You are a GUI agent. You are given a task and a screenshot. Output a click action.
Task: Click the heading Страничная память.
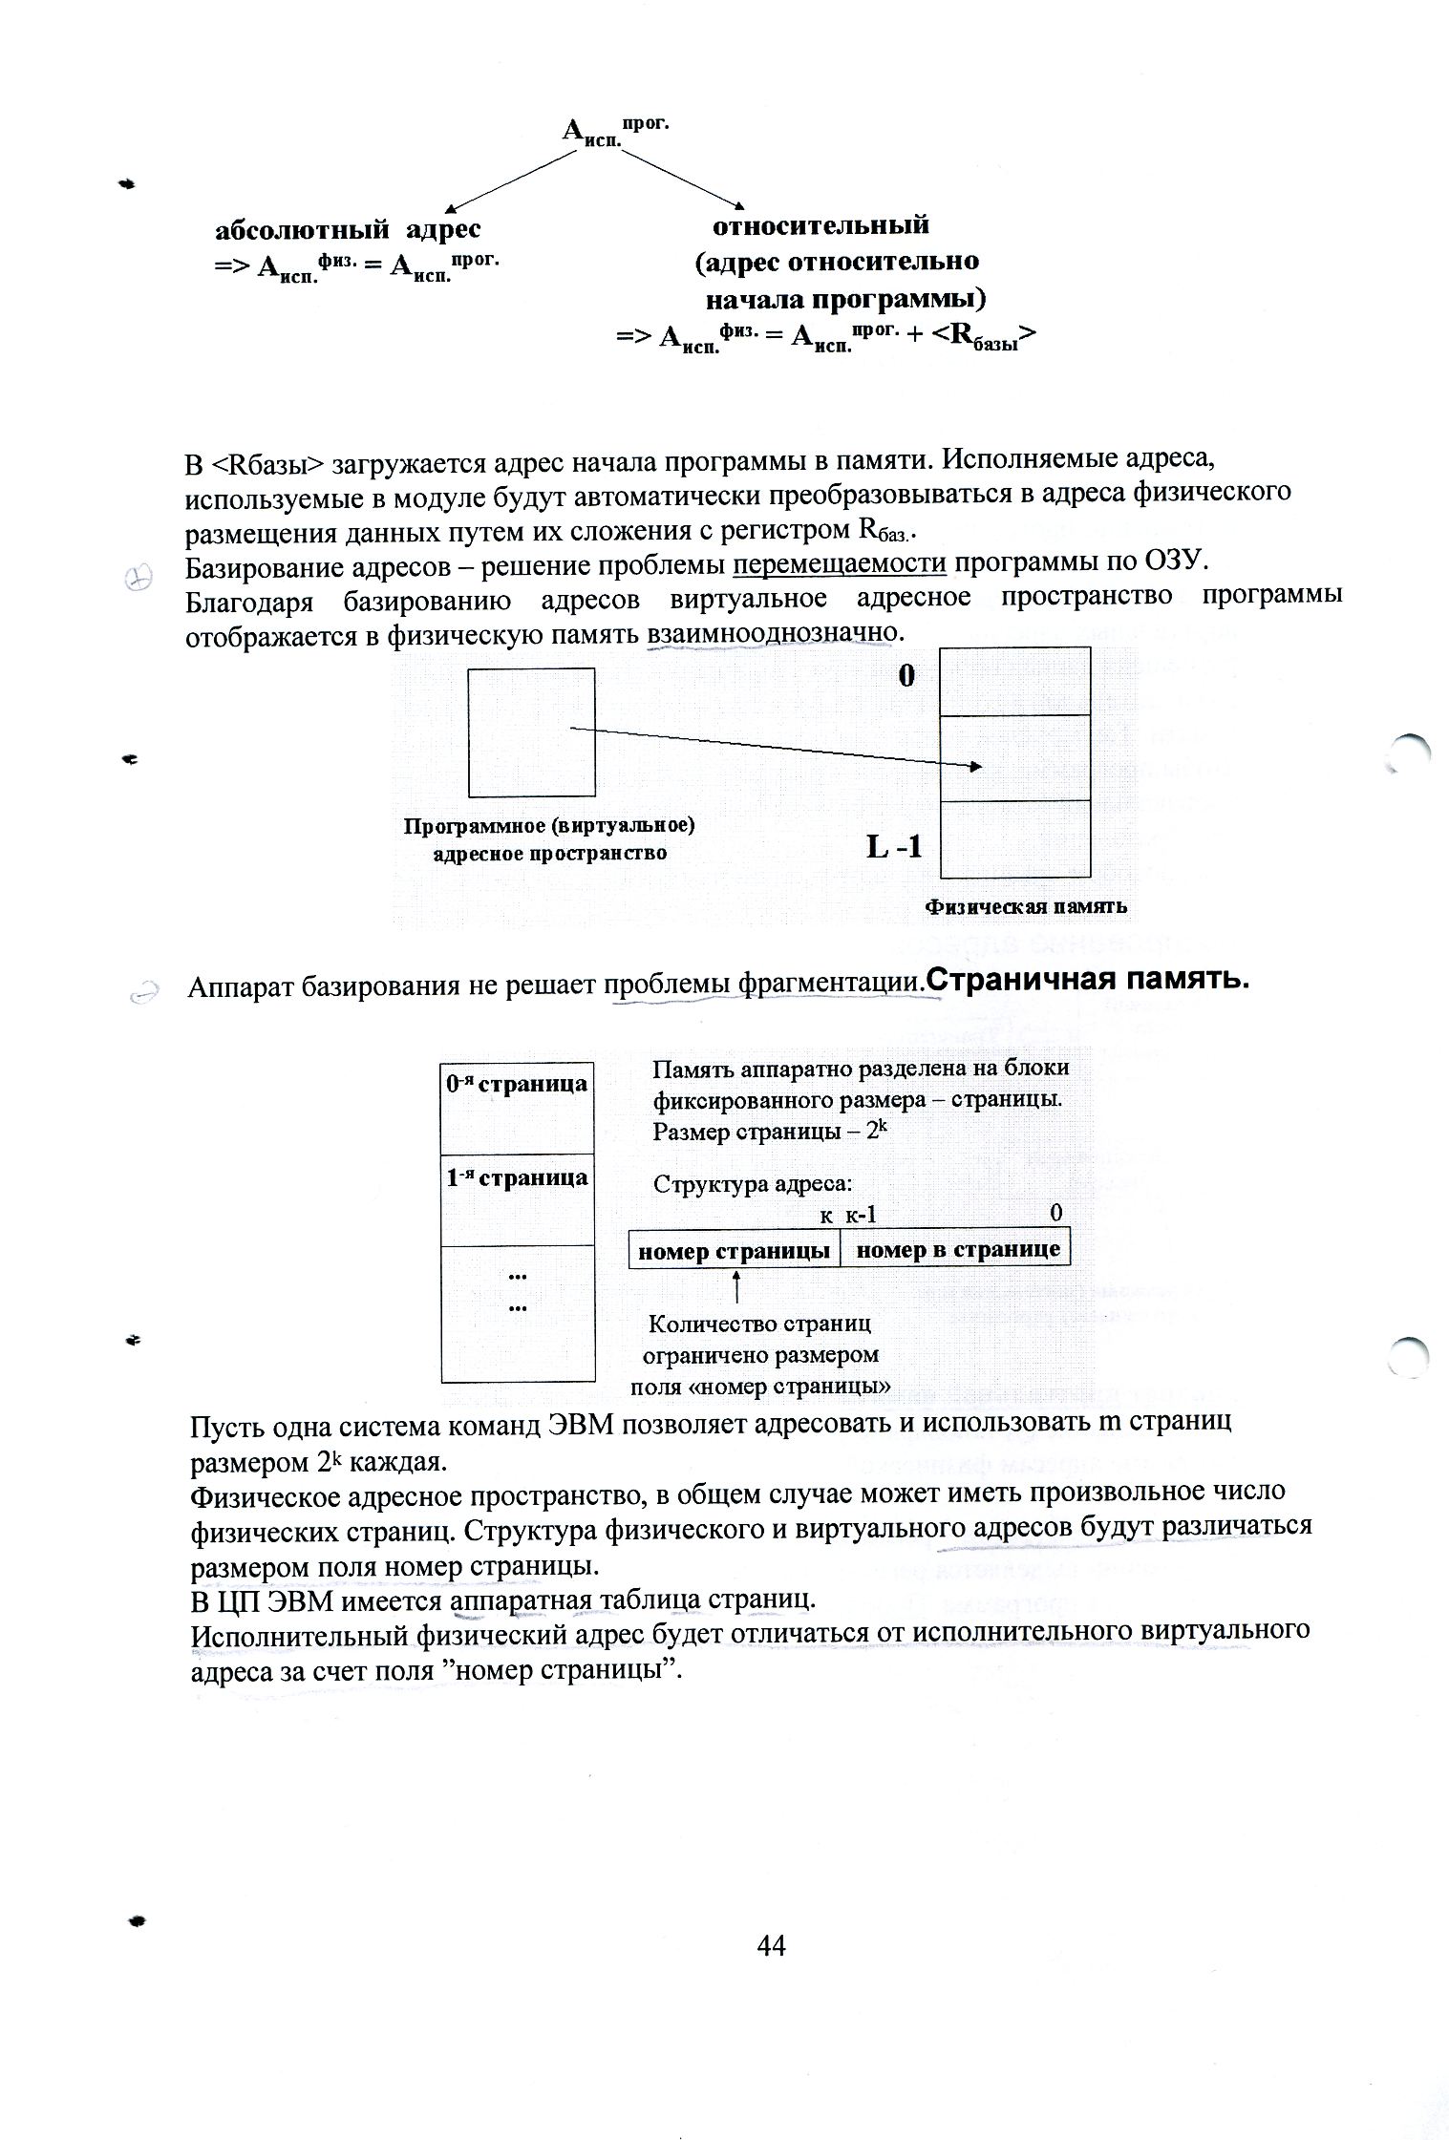1090,980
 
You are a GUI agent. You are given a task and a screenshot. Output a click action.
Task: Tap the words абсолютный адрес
348,229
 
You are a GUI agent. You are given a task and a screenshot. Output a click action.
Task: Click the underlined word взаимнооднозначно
773,632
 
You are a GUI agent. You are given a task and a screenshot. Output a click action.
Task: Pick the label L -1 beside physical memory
894,846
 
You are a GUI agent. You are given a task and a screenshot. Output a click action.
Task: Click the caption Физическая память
1026,906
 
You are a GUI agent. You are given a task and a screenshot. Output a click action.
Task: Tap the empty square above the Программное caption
531,732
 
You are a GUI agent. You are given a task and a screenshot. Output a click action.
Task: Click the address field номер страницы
734,1250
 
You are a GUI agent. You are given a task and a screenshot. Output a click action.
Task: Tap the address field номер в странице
957,1250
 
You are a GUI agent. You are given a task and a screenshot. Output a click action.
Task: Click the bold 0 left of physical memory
906,676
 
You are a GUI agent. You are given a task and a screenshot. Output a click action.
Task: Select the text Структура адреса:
751,1185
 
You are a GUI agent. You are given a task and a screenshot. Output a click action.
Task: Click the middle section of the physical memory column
1014,757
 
